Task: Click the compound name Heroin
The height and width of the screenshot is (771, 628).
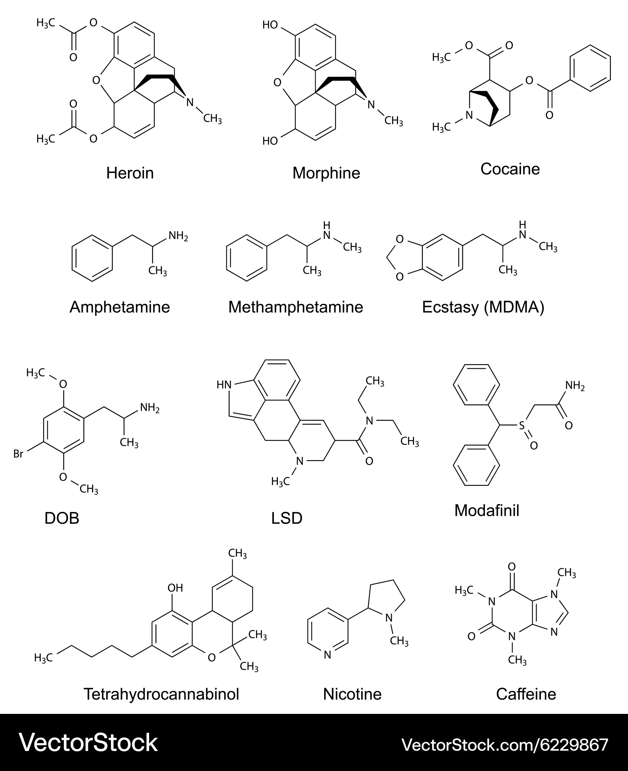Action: click(x=130, y=173)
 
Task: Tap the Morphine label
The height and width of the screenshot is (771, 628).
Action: click(x=326, y=173)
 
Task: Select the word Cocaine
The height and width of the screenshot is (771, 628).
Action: click(x=510, y=169)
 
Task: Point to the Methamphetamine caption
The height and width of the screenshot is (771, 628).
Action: click(x=296, y=307)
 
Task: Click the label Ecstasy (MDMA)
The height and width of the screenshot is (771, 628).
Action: click(x=483, y=307)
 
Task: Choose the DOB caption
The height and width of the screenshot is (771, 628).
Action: click(x=62, y=518)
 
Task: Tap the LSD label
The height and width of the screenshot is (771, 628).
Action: click(x=287, y=518)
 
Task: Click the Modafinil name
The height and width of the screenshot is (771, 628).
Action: click(x=487, y=511)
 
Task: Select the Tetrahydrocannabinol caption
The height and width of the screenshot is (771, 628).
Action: click(x=161, y=694)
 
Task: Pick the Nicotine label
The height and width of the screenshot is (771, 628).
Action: click(x=352, y=694)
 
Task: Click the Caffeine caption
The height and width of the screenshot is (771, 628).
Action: click(x=526, y=694)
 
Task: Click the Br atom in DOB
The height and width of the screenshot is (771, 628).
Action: click(x=19, y=454)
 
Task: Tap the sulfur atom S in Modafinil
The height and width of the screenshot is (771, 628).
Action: click(x=522, y=425)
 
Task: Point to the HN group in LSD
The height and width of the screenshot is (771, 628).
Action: click(x=224, y=384)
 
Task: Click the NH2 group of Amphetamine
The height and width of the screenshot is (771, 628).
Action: click(x=178, y=236)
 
